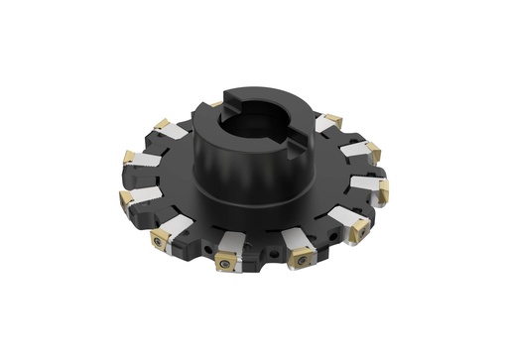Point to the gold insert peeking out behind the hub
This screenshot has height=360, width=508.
pos(215,103)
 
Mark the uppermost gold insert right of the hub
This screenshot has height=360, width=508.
pos(331,121)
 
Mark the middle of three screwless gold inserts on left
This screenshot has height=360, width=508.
pos(128,159)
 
